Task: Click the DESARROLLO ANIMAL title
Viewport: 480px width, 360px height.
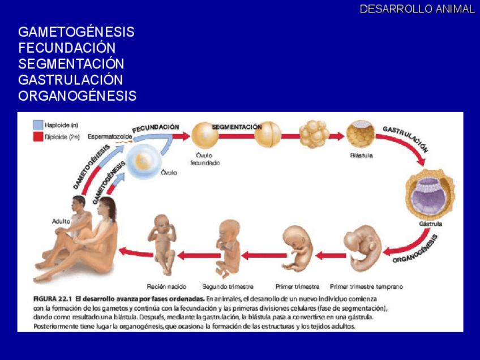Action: tap(417, 9)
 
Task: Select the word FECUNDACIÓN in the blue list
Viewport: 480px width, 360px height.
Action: tap(67, 48)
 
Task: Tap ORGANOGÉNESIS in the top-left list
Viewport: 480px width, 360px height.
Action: tap(77, 96)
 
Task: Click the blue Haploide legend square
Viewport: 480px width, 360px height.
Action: tap(38, 125)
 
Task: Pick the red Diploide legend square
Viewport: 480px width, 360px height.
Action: tap(38, 136)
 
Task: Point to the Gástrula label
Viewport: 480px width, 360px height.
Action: tap(430, 224)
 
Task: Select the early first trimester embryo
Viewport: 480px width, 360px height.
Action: tap(362, 247)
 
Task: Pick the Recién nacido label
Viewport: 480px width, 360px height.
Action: tap(166, 286)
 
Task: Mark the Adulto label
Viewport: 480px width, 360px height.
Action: tap(61, 221)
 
